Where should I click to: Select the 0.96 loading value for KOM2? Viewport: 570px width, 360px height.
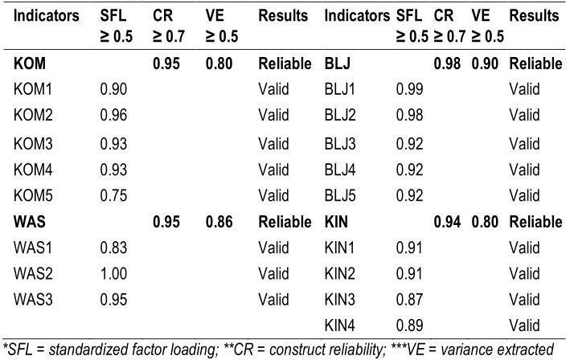click(113, 114)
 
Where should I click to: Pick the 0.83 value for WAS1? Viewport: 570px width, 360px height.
click(113, 249)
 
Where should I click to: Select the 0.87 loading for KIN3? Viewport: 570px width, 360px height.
click(410, 299)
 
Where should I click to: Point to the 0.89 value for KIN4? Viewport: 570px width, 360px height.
click(410, 325)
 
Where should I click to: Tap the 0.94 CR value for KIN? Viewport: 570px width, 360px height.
click(445, 221)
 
